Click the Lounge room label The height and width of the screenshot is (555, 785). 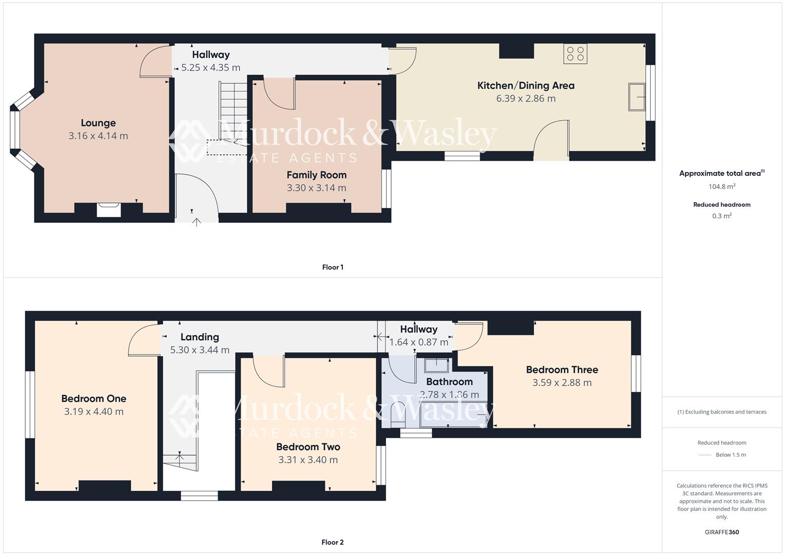(98, 123)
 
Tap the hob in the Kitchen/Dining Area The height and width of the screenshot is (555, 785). (575, 54)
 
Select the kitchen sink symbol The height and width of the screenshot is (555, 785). (637, 97)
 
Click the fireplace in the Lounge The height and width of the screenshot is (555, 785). (109, 210)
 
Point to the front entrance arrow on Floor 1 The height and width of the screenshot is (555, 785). (196, 222)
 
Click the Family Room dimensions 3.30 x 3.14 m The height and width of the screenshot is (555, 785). (316, 188)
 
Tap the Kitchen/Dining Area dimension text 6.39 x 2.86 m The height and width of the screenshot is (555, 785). (525, 99)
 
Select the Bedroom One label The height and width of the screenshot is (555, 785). (94, 398)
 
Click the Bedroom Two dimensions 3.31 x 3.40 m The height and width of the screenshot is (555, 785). (308, 460)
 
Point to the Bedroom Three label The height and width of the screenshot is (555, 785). (562, 369)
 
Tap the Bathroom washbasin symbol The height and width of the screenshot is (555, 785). (436, 365)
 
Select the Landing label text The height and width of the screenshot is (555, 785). (199, 337)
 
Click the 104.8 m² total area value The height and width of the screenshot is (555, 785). (722, 187)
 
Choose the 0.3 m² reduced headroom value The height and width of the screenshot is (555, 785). (722, 216)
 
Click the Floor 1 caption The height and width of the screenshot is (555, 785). (333, 267)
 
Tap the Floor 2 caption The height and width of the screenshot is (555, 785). (333, 542)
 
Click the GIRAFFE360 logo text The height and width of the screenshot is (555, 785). (722, 532)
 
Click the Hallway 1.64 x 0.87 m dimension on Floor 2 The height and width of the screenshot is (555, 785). (418, 342)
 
